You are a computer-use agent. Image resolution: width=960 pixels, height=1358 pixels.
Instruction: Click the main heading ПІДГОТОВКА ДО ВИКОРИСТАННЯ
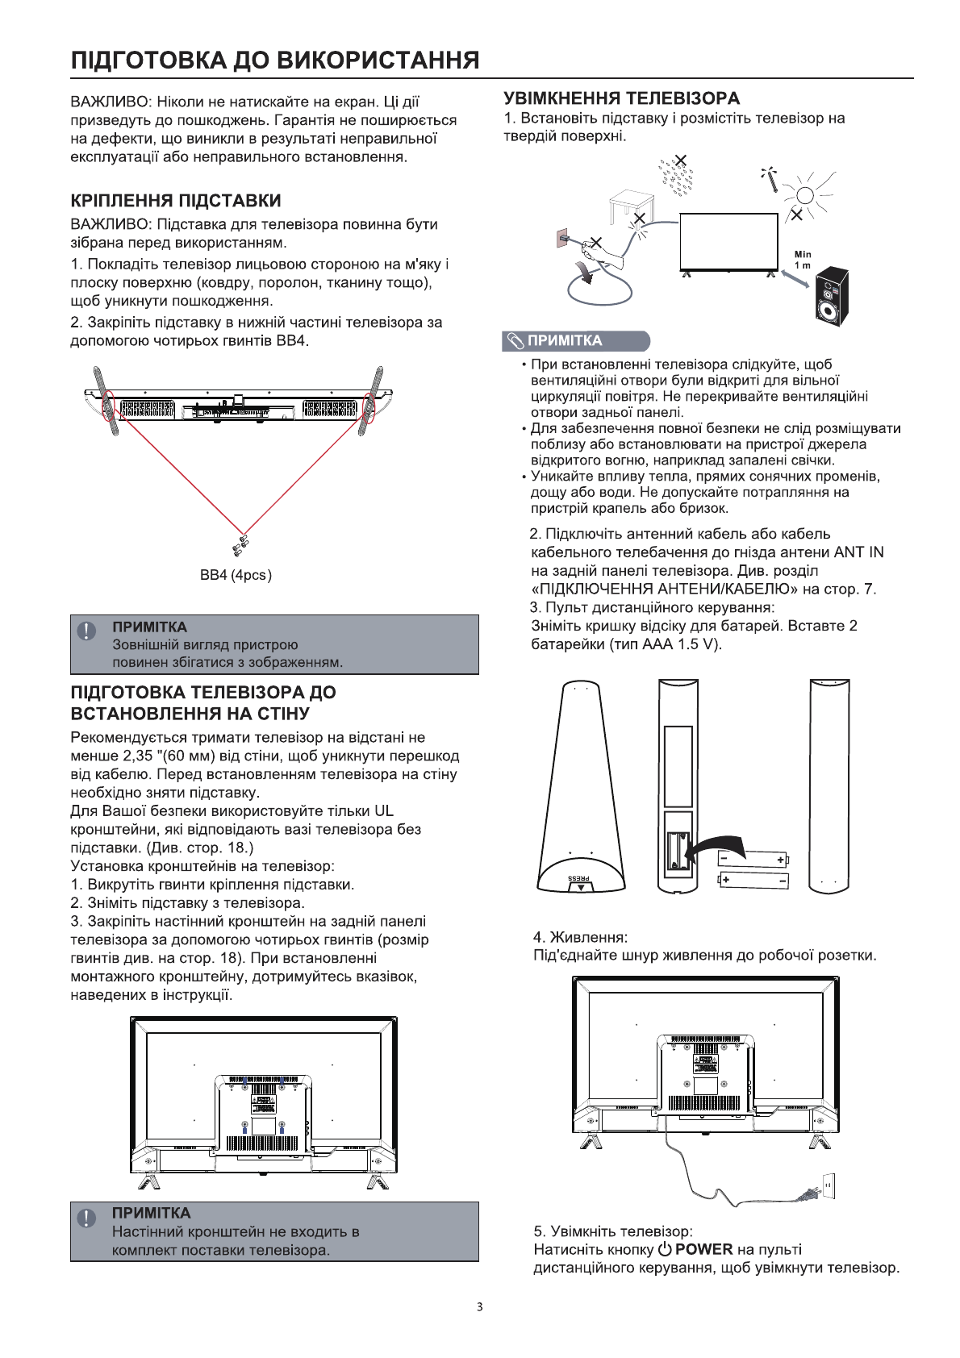point(275,60)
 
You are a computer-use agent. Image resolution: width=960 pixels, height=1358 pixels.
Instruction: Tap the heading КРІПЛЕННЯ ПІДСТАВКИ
point(176,201)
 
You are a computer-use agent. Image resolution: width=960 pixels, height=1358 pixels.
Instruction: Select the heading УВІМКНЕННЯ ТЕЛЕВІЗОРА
point(621,98)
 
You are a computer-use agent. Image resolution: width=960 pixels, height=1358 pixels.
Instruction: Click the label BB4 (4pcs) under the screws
point(236,575)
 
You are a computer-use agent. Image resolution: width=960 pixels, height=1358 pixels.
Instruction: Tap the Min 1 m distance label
point(803,260)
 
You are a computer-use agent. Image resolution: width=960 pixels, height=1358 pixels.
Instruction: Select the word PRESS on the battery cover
point(578,877)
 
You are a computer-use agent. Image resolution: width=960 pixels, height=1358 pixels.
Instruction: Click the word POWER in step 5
point(703,1250)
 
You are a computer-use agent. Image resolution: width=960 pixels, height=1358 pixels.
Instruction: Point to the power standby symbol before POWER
point(665,1250)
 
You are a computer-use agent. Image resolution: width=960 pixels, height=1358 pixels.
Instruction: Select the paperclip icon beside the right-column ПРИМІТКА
point(515,341)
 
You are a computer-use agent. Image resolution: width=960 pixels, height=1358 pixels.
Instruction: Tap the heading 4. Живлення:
point(580,937)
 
